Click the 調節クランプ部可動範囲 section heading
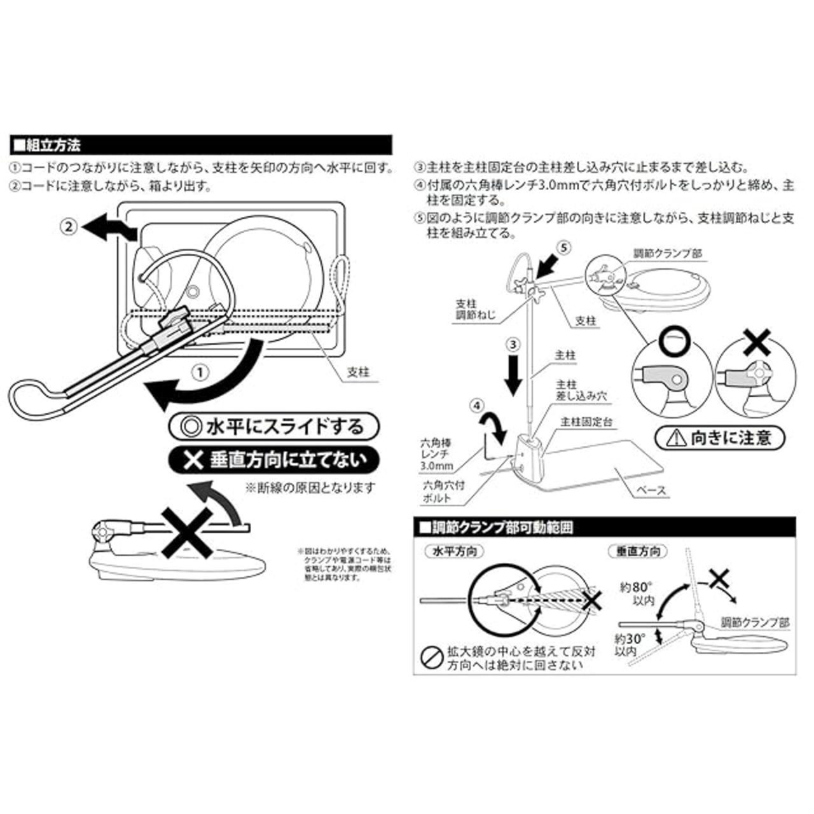click(502, 527)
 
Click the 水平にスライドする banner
click(274, 426)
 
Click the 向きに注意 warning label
click(720, 438)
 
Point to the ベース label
click(651, 491)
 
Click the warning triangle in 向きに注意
click(676, 438)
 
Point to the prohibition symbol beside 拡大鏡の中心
click(432, 657)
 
